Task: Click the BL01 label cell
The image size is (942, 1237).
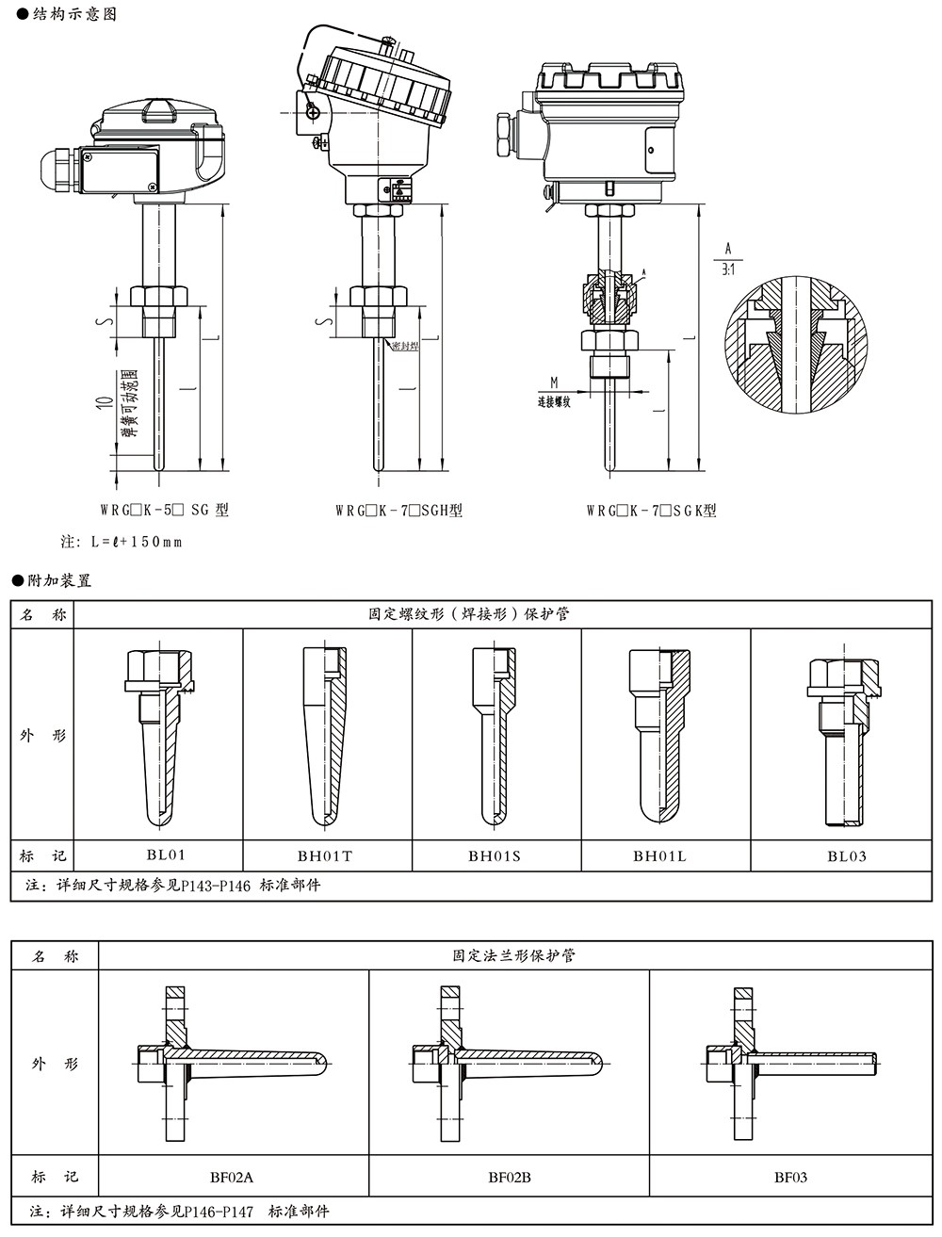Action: pos(166,855)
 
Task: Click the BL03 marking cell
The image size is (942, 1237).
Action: pos(847,856)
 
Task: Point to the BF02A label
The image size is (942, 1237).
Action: pos(232,1177)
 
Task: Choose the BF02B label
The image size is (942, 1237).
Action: pos(510,1177)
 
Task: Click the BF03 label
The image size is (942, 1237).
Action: pos(791,1177)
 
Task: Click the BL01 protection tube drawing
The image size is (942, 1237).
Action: pos(161,731)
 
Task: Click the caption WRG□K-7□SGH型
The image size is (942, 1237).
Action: pos(398,511)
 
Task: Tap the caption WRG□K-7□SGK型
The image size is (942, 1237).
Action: pos(651,511)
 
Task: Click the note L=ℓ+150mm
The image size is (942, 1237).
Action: pos(122,542)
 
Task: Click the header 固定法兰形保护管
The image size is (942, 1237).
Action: pos(513,955)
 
